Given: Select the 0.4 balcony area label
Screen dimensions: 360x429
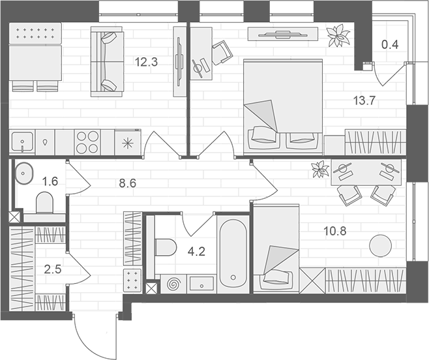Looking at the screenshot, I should (x=390, y=45).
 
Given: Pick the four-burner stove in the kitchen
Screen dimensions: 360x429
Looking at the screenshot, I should (x=88, y=142).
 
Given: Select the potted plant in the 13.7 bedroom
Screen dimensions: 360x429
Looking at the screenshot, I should (x=338, y=36).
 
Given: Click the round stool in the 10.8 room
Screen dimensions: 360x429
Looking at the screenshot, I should (x=379, y=247).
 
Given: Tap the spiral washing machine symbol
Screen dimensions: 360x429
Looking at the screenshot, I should (x=174, y=284).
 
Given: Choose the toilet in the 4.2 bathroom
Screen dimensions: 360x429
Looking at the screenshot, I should (x=168, y=248).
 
